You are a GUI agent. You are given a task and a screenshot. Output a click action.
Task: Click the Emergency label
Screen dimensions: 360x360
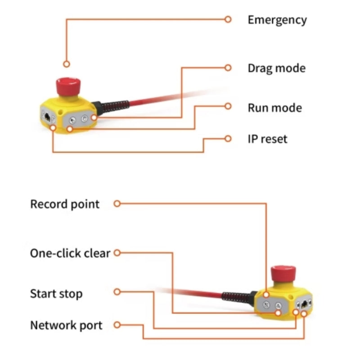(x=277, y=20)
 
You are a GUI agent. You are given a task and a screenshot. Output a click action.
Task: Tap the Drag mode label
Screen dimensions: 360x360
(x=277, y=68)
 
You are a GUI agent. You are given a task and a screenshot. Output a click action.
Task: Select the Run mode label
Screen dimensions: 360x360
(x=275, y=108)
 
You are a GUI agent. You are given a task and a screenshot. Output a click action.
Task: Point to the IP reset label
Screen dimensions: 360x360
(x=267, y=139)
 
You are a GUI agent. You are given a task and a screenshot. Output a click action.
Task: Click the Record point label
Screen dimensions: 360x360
(x=65, y=204)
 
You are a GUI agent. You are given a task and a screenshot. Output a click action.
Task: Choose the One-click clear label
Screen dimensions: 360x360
(x=70, y=253)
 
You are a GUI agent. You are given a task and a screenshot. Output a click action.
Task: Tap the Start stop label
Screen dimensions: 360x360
(x=56, y=294)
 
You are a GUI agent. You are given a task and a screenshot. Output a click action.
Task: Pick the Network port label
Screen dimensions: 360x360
(x=66, y=325)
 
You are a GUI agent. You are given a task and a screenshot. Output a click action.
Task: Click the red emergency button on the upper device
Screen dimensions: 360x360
(x=68, y=86)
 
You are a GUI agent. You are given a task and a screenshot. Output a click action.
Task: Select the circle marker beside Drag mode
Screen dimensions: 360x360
(x=228, y=68)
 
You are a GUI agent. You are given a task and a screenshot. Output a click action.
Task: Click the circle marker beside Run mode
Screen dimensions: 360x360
(x=228, y=106)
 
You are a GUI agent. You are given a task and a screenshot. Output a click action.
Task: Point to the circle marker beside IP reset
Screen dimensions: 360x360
(x=228, y=139)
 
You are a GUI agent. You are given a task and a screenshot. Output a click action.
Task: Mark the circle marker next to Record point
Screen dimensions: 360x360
(x=117, y=203)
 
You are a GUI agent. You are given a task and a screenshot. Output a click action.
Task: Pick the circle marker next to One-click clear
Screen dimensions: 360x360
(x=117, y=253)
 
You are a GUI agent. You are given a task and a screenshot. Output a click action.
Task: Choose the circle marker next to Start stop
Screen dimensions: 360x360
(x=117, y=292)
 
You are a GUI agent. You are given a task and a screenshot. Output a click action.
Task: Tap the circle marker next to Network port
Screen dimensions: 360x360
(x=117, y=325)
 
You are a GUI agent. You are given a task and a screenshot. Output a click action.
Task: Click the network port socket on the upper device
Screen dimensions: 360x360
(x=47, y=117)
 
